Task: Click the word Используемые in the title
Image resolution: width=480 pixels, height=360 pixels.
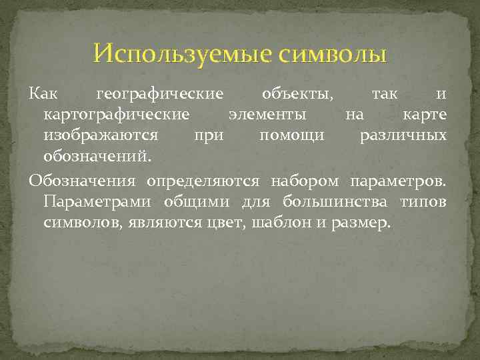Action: (181, 53)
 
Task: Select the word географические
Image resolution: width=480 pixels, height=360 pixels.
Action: (160, 94)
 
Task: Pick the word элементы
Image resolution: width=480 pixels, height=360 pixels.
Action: (267, 115)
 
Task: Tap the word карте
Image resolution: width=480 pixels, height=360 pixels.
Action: (425, 115)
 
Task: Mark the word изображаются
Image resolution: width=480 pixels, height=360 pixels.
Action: (101, 135)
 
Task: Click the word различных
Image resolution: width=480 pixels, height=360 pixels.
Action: (403, 135)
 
